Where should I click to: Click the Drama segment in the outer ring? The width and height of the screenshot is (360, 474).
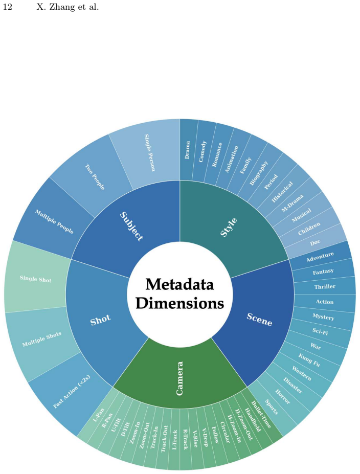[187, 150]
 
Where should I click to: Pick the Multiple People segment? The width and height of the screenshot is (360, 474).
[54, 221]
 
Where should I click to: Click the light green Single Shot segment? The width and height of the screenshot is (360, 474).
[36, 279]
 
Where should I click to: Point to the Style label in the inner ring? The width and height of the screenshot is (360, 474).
[229, 227]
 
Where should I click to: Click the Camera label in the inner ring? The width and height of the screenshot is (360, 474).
[179, 378]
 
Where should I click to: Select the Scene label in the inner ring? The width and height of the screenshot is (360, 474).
[259, 320]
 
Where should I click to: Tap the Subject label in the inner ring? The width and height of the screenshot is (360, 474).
[131, 226]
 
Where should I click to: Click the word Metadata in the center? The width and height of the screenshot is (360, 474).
[179, 284]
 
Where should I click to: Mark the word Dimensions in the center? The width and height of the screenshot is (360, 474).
[180, 303]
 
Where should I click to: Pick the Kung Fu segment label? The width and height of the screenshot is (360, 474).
[309, 360]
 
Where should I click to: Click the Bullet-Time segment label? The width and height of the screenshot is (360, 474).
[261, 414]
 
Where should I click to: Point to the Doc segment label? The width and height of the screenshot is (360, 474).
[316, 242]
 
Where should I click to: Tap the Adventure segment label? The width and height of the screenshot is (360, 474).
[320, 257]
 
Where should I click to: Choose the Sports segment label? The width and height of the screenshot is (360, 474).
[271, 407]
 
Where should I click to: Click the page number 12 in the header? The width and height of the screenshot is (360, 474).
[8, 7]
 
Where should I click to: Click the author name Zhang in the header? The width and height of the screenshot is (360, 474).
[62, 7]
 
